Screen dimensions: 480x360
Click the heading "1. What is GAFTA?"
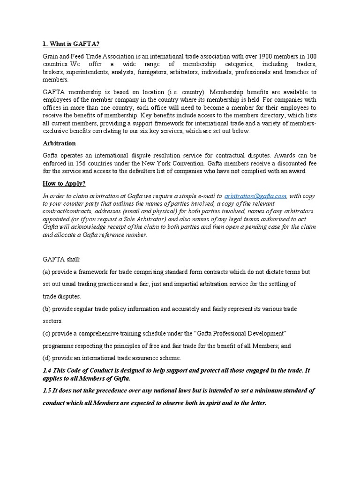[x=71, y=44]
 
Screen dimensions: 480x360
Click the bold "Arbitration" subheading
[x=59, y=143]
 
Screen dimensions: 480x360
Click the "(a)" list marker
[x=46, y=272]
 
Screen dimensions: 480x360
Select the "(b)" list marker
[x=46, y=309]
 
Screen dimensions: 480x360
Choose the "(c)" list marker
[x=46, y=333]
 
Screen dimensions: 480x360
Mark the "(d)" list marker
[x=46, y=358]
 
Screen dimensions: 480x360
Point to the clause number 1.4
[x=47, y=370]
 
